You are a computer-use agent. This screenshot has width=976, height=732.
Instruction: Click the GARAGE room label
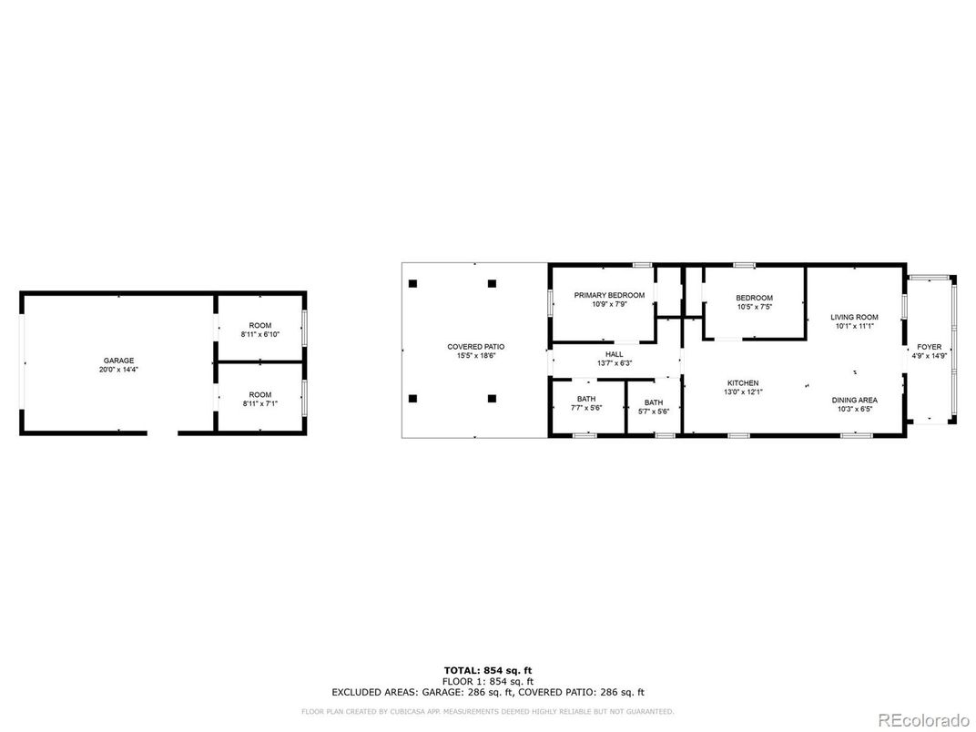pyautogui.click(x=118, y=361)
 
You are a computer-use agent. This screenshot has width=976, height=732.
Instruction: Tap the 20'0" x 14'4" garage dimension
pyautogui.click(x=118, y=370)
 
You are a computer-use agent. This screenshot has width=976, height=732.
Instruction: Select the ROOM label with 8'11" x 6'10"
pyautogui.click(x=260, y=325)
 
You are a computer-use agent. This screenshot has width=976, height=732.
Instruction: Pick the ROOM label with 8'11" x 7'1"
pyautogui.click(x=260, y=394)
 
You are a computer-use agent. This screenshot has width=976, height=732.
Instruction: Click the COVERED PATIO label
pyautogui.click(x=476, y=347)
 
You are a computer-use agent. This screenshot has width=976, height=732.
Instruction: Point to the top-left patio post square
pyautogui.click(x=412, y=284)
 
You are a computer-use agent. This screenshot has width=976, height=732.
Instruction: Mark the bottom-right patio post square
pyautogui.click(x=493, y=399)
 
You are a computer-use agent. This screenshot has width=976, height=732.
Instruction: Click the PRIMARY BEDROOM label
pyautogui.click(x=609, y=295)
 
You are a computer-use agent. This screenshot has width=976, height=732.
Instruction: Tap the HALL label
pyautogui.click(x=615, y=354)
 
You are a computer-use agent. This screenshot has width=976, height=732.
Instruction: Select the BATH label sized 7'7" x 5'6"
pyautogui.click(x=586, y=399)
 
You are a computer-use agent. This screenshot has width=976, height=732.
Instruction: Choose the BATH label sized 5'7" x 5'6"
pyautogui.click(x=654, y=402)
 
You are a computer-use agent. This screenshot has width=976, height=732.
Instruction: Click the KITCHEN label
pyautogui.click(x=743, y=383)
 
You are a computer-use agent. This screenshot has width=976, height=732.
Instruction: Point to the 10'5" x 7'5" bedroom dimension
pyautogui.click(x=755, y=307)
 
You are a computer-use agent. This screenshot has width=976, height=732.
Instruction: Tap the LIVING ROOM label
pyautogui.click(x=855, y=318)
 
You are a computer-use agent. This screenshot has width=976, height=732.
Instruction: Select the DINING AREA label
pyautogui.click(x=855, y=401)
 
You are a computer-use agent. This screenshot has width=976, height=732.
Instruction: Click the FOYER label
pyautogui.click(x=930, y=347)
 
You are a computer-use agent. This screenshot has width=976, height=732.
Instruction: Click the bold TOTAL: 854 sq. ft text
pyautogui.click(x=488, y=670)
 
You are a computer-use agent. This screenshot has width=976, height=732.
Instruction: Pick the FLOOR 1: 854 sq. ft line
pyautogui.click(x=488, y=682)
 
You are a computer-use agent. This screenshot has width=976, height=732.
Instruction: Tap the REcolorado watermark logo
pyautogui.click(x=924, y=720)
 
